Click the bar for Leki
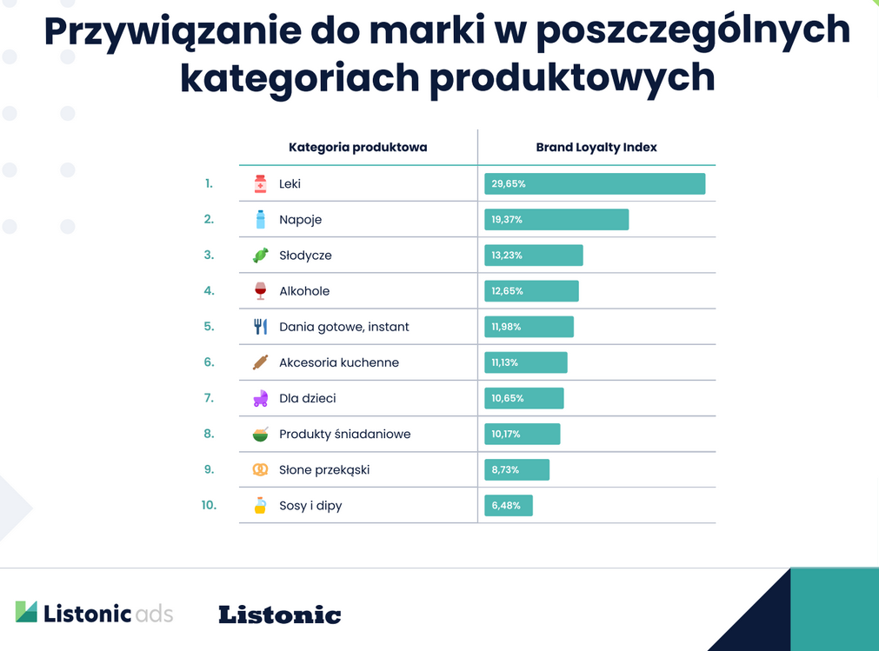(595, 184)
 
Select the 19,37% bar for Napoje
(556, 220)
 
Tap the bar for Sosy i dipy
(509, 506)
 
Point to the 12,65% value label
(507, 291)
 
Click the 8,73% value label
(505, 470)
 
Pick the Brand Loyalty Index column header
(596, 148)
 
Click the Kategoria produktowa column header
(357, 148)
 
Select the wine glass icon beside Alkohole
(260, 291)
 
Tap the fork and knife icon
(260, 327)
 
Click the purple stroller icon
(260, 399)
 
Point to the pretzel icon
(260, 470)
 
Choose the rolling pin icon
(260, 362)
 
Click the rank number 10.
(209, 505)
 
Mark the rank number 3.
(209, 255)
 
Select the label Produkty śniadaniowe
(344, 435)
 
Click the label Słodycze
(305, 256)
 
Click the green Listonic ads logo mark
(26, 612)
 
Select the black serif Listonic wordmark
(279, 614)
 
